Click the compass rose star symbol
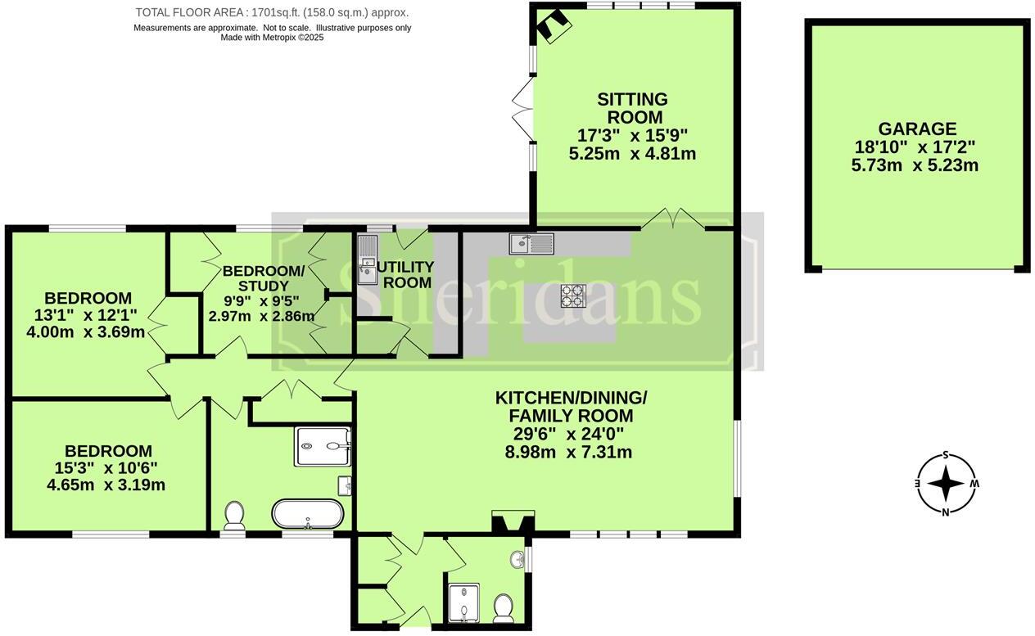click(946, 484)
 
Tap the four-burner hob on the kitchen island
click(572, 295)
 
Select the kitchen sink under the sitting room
click(531, 243)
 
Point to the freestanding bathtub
click(308, 515)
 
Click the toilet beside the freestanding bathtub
click(234, 515)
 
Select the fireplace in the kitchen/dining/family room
click(513, 522)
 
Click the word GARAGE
click(916, 129)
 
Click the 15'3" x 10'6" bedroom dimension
click(108, 467)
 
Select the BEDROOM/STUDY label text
click(263, 278)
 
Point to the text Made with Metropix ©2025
click(272, 38)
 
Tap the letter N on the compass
click(945, 513)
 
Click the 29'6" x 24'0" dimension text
click(571, 434)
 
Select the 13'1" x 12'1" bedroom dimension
click(88, 314)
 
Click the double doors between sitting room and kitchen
click(671, 219)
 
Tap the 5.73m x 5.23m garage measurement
click(916, 165)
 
